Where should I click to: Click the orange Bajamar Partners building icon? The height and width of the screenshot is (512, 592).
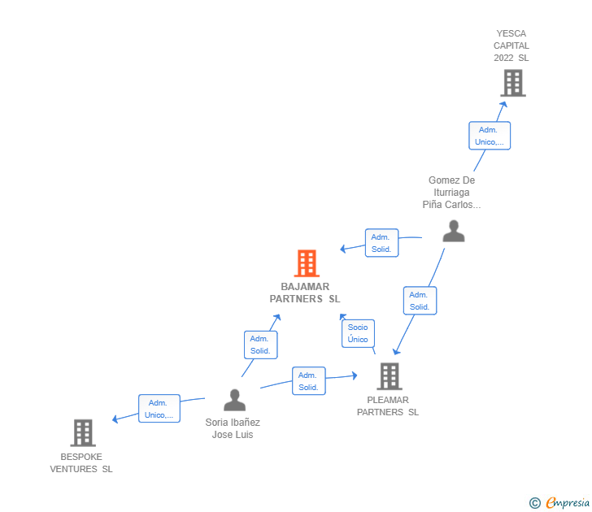point(307,263)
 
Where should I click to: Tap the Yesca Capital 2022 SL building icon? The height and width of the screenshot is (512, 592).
point(512,83)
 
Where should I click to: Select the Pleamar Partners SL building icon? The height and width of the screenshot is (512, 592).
point(390,376)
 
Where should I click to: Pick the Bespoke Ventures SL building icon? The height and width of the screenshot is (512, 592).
point(83,433)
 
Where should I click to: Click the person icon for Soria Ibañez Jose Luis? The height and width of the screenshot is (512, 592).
point(234,400)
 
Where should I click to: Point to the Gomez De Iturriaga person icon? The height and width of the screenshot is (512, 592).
point(453,231)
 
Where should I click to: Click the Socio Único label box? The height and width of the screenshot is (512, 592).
point(358,333)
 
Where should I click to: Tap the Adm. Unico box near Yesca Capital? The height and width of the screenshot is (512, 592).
point(489,136)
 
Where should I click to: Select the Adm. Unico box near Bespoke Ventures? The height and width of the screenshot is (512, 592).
point(159,409)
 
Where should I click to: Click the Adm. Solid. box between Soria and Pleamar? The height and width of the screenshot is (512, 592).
point(308,381)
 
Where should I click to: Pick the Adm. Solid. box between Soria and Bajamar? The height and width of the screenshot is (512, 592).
point(260,345)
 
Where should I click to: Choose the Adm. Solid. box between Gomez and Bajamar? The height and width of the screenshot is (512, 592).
point(381,243)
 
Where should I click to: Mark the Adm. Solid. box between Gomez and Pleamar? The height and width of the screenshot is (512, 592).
point(420,301)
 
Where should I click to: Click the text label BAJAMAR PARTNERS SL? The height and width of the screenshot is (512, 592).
point(305,293)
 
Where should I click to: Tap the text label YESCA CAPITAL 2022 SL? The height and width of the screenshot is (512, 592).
point(511,46)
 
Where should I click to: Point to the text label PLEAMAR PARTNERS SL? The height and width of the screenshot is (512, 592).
point(388,406)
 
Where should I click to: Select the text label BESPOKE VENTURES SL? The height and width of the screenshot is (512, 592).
point(81,463)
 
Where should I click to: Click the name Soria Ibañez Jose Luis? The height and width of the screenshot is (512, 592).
point(233,428)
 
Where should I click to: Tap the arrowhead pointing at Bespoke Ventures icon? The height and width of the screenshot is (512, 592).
point(115,419)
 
